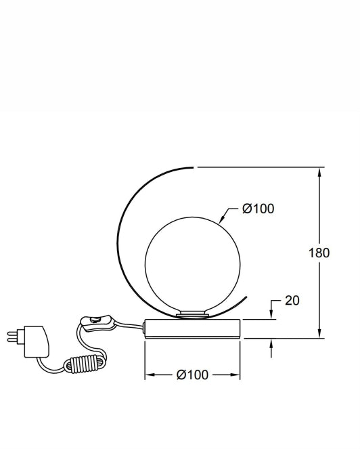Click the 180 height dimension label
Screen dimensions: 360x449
click(319, 253)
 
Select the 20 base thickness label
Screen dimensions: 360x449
click(292, 301)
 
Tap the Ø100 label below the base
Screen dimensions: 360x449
click(192, 375)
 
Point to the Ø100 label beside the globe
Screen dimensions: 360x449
click(258, 209)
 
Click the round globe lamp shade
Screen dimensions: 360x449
click(193, 265)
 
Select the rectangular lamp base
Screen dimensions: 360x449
click(192, 328)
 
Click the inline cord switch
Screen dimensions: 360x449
click(97, 323)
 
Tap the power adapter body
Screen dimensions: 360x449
click(37, 341)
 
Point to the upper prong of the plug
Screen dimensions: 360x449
click(14, 333)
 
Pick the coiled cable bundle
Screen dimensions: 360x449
click(85, 364)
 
